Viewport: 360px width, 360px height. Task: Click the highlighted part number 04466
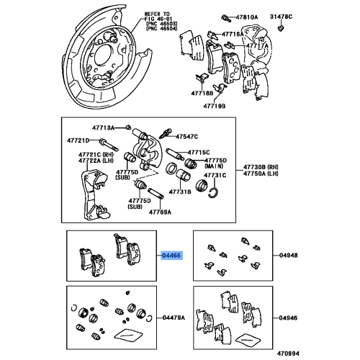tap(171, 255)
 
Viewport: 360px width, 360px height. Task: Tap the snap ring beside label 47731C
tap(213, 189)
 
